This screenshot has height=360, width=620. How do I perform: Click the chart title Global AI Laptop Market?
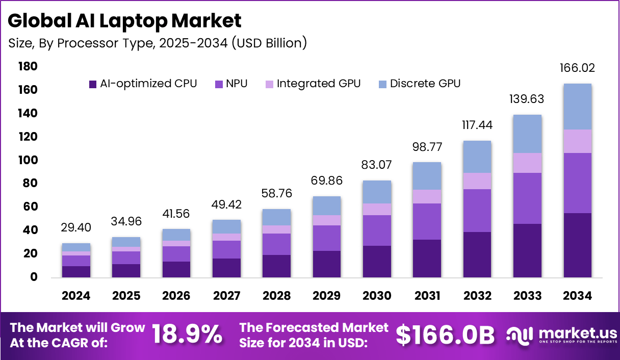click(x=124, y=21)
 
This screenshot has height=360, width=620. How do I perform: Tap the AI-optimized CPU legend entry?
click(x=142, y=84)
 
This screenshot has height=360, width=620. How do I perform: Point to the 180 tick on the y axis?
click(x=28, y=66)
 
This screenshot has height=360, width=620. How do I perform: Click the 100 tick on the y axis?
click(x=28, y=160)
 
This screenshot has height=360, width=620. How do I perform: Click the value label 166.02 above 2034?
click(x=578, y=68)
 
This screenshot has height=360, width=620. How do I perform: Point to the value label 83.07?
click(x=377, y=165)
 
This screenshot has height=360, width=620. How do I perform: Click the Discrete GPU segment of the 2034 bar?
click(x=578, y=107)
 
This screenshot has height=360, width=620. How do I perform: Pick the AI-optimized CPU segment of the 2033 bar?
click(x=528, y=250)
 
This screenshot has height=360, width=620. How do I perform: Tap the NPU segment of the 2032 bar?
click(x=477, y=211)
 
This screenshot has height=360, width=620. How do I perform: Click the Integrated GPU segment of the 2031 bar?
click(x=427, y=196)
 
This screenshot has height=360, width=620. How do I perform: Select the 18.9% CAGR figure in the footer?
click(x=187, y=335)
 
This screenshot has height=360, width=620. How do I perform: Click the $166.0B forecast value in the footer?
click(x=445, y=335)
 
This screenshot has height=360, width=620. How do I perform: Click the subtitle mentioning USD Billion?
click(x=158, y=43)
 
